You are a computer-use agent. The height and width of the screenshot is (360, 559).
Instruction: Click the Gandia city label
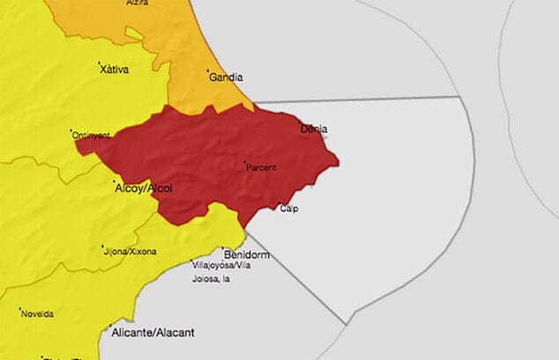point(226,78)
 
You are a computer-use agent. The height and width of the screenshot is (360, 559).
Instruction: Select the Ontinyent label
point(92,135)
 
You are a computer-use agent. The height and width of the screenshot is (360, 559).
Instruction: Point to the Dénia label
point(314,129)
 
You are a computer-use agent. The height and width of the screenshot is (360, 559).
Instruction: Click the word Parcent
point(261,167)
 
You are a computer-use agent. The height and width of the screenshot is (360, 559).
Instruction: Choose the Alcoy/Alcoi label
point(144,188)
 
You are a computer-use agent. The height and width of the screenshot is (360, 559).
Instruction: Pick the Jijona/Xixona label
point(130,251)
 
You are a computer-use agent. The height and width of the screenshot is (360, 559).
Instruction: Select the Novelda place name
point(36,313)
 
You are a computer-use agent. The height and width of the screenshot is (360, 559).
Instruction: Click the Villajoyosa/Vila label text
point(221,264)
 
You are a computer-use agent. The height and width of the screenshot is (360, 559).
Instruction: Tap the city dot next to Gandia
point(208,71)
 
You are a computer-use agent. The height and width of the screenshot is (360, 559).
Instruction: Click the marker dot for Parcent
point(244,161)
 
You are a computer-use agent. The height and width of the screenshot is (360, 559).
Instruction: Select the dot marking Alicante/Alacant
point(108,327)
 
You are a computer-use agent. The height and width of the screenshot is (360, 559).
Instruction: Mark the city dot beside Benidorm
point(223,250)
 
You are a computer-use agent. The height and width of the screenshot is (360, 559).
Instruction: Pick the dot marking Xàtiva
point(99,63)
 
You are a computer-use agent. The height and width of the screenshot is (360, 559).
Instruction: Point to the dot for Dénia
point(300,123)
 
